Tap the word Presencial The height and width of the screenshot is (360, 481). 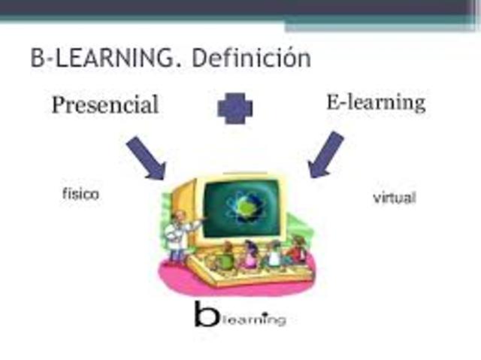click(105, 104)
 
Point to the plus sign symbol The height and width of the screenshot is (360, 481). click(235, 108)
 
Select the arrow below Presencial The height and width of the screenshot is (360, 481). click(146, 159)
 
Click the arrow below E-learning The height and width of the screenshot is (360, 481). click(325, 155)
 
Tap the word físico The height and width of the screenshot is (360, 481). click(80, 194)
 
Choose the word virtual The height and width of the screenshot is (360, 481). click(395, 199)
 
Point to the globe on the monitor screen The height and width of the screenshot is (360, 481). click(244, 206)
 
